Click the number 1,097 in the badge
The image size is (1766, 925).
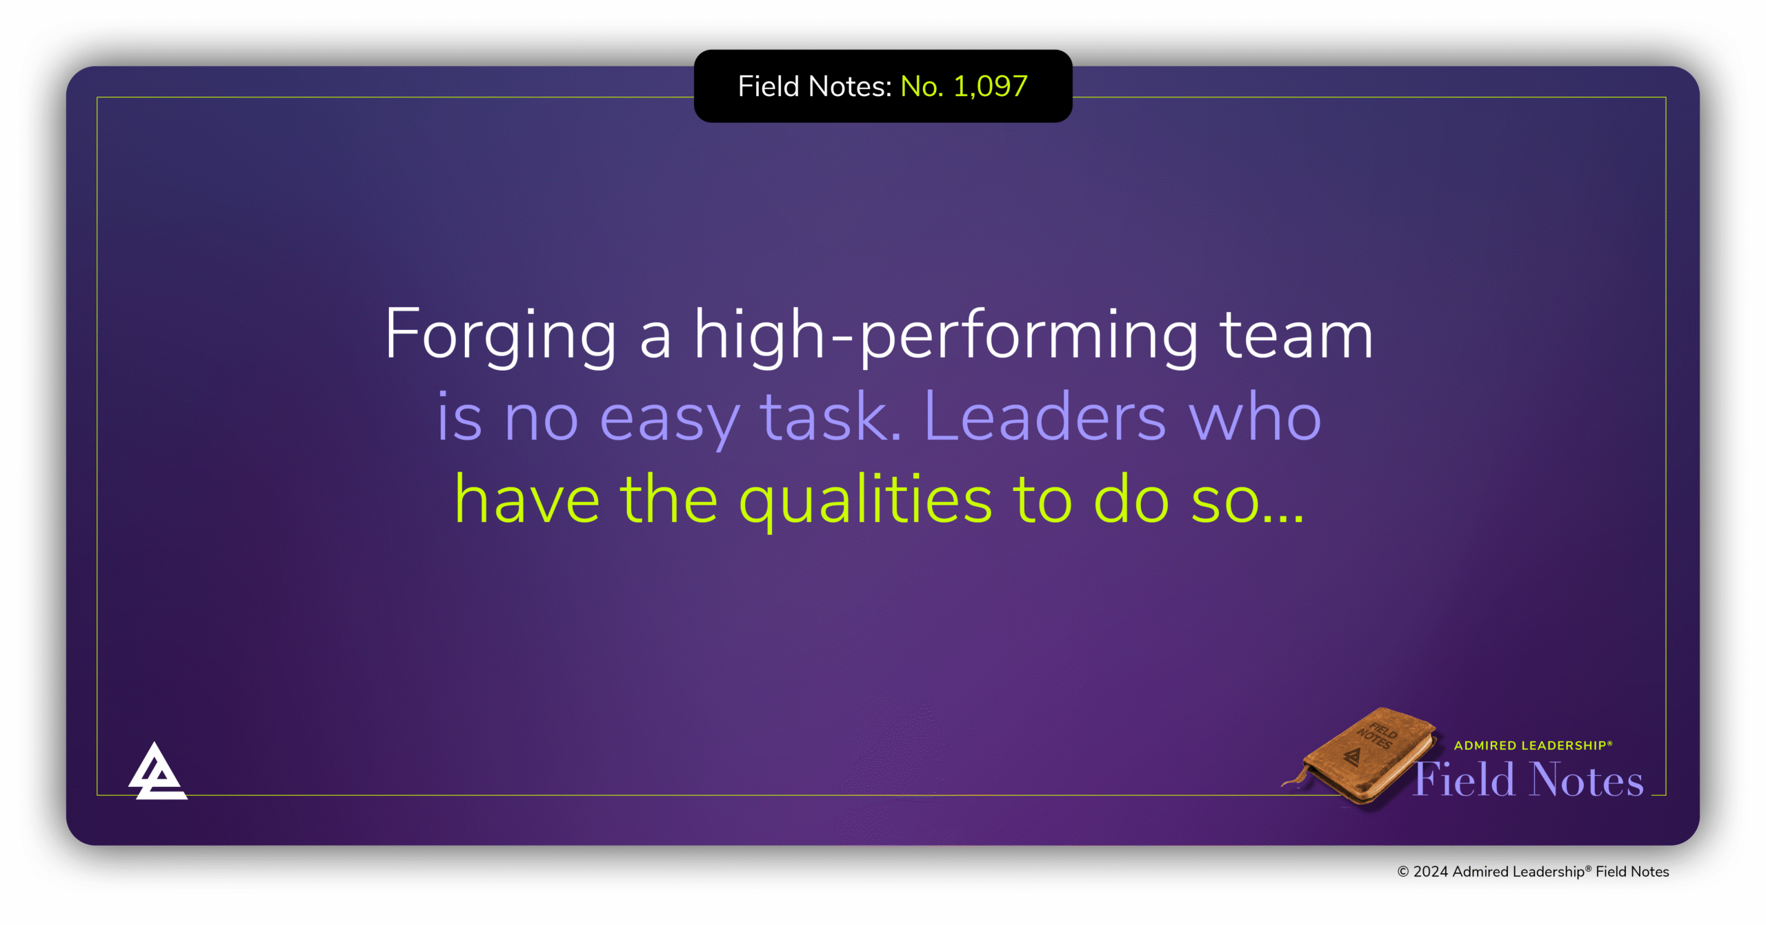pyautogui.click(x=991, y=86)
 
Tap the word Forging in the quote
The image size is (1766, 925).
pyautogui.click(x=499, y=335)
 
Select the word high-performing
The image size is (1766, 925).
pyautogui.click(x=946, y=335)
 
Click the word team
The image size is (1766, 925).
pyautogui.click(x=1297, y=335)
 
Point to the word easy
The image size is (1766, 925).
pyautogui.click(x=668, y=418)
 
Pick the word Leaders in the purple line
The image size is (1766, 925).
pyautogui.click(x=1044, y=418)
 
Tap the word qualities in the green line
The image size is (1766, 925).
pyautogui.click(x=865, y=501)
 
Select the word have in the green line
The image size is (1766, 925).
pyautogui.click(x=527, y=501)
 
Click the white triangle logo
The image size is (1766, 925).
pyautogui.click(x=157, y=772)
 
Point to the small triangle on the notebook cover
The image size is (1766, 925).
pyautogui.click(x=1353, y=758)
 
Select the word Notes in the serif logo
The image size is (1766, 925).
pyautogui.click(x=1586, y=780)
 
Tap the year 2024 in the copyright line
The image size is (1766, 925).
pyautogui.click(x=1430, y=872)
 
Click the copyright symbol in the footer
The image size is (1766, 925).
pyautogui.click(x=1402, y=872)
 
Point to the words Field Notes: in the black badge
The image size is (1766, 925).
pyautogui.click(x=815, y=86)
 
